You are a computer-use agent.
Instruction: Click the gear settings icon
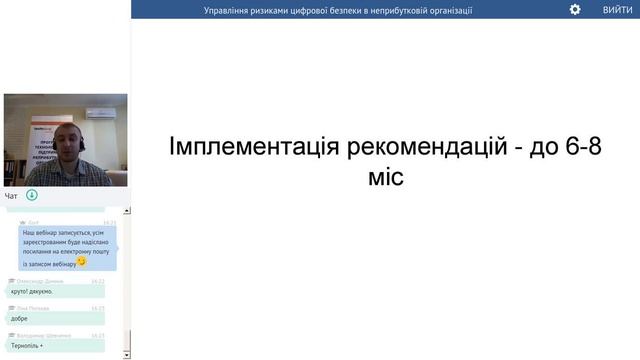[575, 9]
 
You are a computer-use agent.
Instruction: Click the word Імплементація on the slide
[254, 147]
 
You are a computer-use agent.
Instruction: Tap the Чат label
[11, 195]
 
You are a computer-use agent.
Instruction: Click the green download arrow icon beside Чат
[32, 195]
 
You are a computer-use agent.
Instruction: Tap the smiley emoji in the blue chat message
[82, 262]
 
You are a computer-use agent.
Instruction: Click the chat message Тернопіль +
[35, 345]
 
